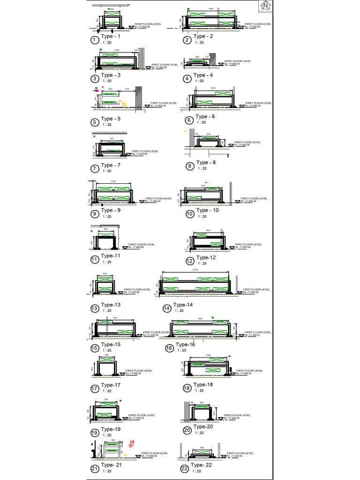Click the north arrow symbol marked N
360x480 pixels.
pos(266,6)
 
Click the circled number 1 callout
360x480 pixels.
pos(95,40)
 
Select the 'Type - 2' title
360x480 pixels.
pos(203,37)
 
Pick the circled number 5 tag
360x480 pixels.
pos(95,123)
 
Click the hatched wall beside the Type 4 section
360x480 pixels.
pos(212,59)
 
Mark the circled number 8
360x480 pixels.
pos(190,166)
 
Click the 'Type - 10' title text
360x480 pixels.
pos(207,210)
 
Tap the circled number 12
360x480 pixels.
pos(189,261)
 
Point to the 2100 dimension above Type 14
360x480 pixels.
pos(195,270)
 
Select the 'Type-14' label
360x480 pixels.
pos(183,305)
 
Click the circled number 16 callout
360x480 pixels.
pos(169,348)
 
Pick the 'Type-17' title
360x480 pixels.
pos(111,385)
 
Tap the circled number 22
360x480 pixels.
pos(184,468)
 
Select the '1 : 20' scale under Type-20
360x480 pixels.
pos(199,433)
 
